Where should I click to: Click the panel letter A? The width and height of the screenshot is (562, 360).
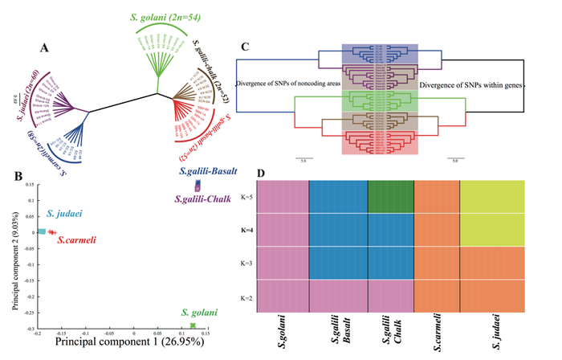pyautogui.click(x=47, y=49)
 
